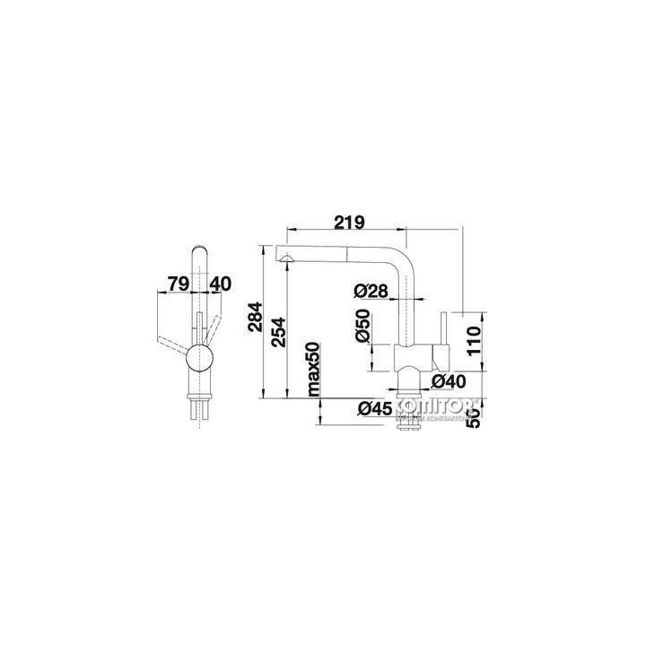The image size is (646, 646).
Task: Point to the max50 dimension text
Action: point(314,369)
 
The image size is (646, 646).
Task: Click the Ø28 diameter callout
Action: point(370,291)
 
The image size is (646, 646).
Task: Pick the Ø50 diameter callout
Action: point(362,326)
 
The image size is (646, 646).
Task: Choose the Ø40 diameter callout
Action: point(447,381)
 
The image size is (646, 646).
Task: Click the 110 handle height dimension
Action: point(476,341)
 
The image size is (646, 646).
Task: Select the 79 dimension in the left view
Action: point(177,284)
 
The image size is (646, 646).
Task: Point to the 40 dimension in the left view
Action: point(221,284)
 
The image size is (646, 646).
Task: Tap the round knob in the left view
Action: point(201,361)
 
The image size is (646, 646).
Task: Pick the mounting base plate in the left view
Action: point(201,395)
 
